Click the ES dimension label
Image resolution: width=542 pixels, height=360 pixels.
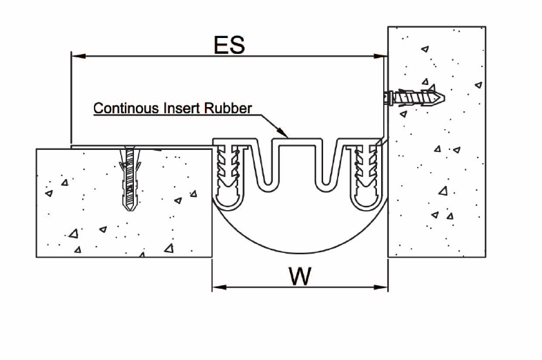click(229, 45)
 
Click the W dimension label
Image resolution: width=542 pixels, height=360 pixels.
click(300, 276)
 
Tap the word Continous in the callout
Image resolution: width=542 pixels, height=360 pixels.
click(126, 108)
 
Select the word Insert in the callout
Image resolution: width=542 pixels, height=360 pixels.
click(182, 108)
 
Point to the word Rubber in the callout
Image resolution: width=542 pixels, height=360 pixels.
click(228, 108)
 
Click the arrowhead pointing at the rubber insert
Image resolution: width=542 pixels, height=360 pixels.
click(283, 133)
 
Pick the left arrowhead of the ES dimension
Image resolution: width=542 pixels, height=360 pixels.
click(79, 56)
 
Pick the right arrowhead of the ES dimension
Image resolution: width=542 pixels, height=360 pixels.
click(380, 56)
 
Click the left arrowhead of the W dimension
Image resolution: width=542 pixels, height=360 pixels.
click(220, 287)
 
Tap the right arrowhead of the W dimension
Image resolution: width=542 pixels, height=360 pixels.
click(380, 287)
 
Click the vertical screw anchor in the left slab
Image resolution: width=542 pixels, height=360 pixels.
click(130, 178)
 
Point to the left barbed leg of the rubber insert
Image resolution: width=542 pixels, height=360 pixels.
click(229, 176)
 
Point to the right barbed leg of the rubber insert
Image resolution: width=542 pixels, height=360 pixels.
click(366, 176)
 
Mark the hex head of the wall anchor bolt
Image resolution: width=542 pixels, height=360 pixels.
click(388, 98)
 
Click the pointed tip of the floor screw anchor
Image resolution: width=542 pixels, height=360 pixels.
click(129, 209)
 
